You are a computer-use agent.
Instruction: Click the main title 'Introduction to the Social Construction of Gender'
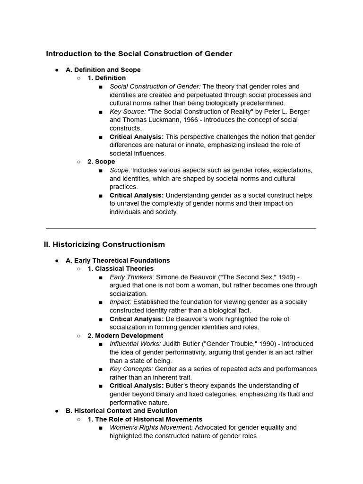139,54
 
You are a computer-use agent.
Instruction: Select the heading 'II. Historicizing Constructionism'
104,244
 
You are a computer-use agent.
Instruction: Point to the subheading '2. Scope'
101,162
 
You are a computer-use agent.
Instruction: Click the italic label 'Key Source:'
128,112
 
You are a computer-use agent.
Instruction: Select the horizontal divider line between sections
181,228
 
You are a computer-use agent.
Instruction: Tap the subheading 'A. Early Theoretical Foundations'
118,260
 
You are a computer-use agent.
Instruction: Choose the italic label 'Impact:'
121,302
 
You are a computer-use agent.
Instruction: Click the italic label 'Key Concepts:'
131,369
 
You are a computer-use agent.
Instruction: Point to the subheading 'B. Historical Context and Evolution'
121,411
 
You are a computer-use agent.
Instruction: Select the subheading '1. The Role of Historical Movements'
145,419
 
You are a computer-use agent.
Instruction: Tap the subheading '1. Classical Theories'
121,268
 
